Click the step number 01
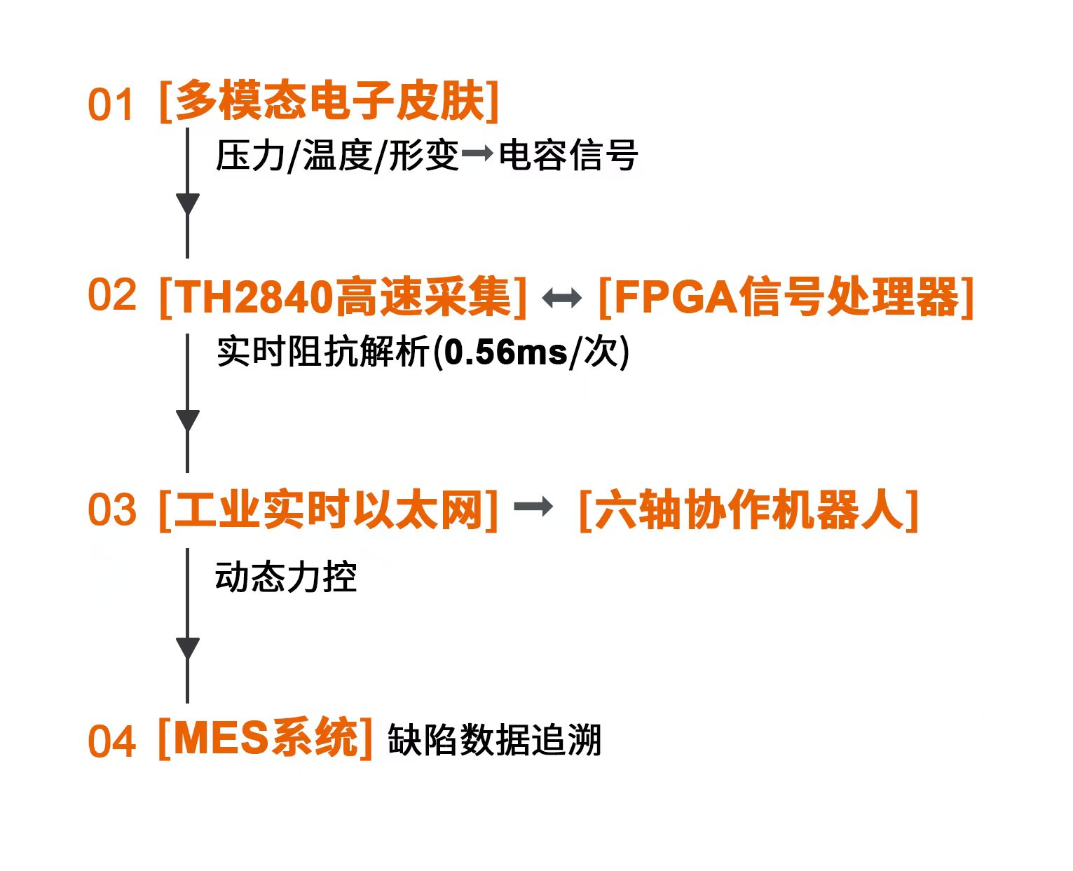tap(110, 106)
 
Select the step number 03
tap(111, 509)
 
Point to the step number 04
tap(111, 741)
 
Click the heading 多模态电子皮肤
tap(329, 102)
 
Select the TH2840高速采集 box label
tap(343, 297)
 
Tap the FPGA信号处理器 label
tap(786, 297)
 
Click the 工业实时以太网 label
tap(329, 509)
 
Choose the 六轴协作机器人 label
tap(748, 509)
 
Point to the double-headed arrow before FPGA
tap(561, 299)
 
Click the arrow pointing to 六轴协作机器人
tap(533, 507)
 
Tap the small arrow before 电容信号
tap(477, 153)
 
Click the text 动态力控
tap(286, 577)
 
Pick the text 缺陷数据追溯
tap(494, 740)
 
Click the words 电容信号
tap(568, 155)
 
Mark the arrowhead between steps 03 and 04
tap(187, 648)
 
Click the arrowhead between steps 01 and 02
tap(187, 204)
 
